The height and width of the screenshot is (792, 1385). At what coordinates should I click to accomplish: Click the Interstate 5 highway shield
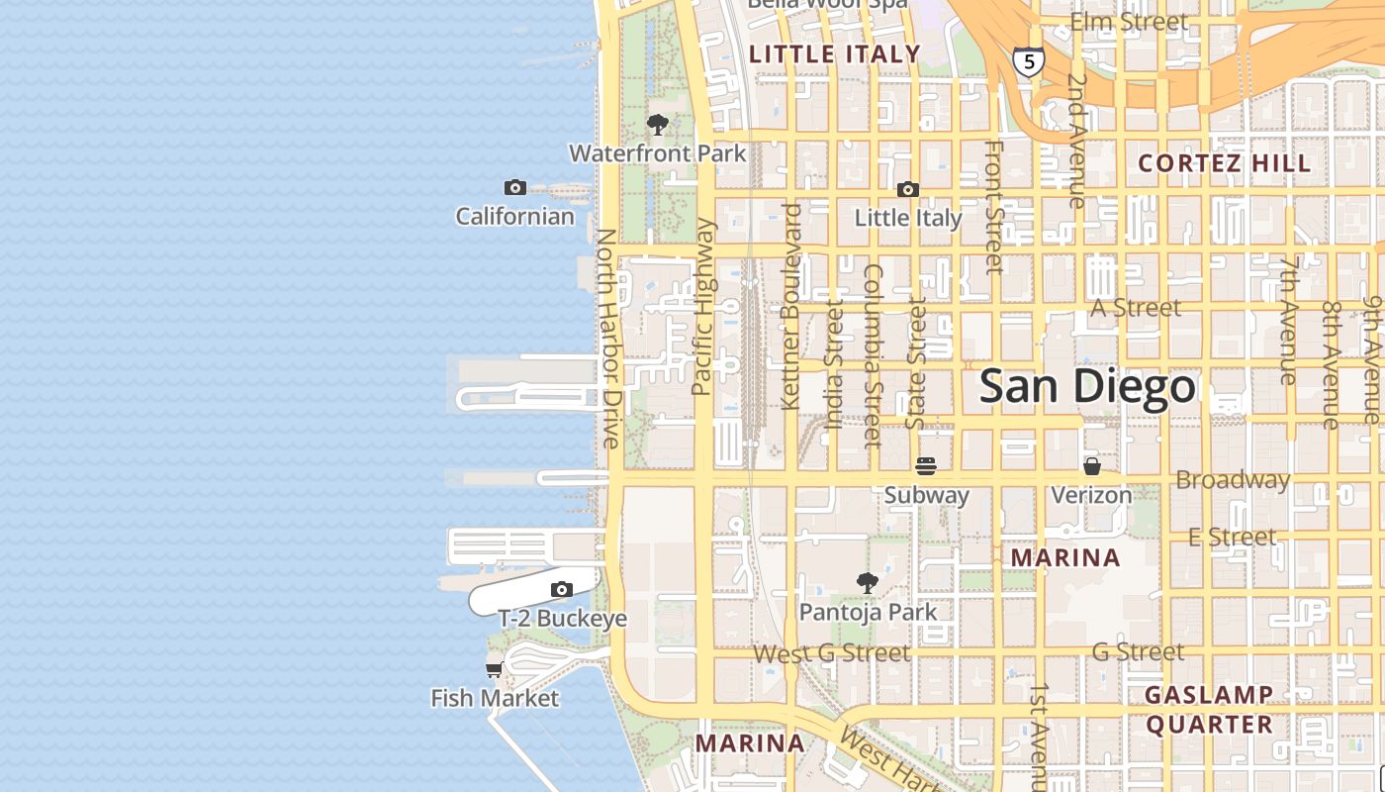1029,62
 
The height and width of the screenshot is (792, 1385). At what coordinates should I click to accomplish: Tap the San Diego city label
1087,386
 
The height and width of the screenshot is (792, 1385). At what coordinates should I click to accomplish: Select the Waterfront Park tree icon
657,125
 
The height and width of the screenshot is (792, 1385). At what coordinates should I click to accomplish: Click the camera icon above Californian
514,188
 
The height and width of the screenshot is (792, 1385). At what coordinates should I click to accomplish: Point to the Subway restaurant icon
926,465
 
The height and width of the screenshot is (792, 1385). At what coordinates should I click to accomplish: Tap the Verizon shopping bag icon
1092,465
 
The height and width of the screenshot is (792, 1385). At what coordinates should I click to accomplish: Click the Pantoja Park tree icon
868,583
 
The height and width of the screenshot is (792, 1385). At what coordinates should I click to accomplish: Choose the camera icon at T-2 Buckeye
561,590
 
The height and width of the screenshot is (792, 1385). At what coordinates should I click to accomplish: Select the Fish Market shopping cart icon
494,670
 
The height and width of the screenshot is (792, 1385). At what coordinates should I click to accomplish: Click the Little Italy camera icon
907,190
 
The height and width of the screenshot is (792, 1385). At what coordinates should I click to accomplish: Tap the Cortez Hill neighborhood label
1224,163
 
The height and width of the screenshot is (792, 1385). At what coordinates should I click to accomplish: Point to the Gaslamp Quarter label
1209,709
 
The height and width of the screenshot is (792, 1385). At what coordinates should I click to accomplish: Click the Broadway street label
1233,480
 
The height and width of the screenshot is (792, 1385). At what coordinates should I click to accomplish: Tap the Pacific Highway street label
703,307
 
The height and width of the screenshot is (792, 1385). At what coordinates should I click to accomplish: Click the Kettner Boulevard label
789,307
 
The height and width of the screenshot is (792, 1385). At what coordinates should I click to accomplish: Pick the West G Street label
831,653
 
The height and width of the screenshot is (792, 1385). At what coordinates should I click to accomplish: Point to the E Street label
1232,537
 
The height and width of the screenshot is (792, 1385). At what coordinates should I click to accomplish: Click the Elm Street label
1129,21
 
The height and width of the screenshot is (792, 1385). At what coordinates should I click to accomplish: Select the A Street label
1136,308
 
